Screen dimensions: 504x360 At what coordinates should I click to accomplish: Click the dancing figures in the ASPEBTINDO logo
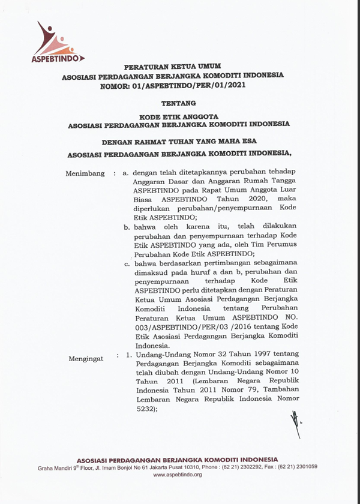(53, 39)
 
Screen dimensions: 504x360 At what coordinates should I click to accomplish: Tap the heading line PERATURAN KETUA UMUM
(173, 68)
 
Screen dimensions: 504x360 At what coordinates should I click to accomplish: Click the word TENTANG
(179, 103)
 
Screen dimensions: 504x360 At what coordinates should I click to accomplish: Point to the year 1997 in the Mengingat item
(245, 355)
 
